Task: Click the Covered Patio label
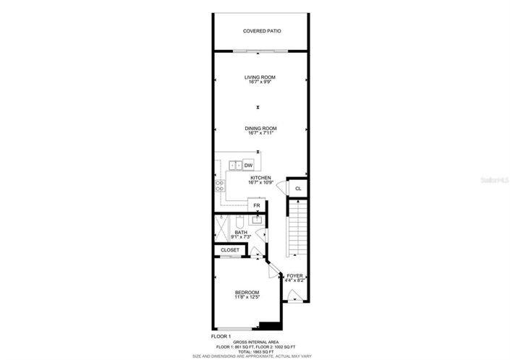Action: tap(262, 31)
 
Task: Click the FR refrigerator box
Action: tap(256, 205)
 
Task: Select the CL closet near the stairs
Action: tap(297, 189)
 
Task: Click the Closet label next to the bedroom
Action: tap(230, 250)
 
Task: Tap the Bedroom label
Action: tap(246, 292)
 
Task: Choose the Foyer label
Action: tap(294, 275)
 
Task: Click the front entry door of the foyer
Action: tap(294, 295)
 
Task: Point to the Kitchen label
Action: tap(260, 178)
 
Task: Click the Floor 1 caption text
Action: tap(220, 337)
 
